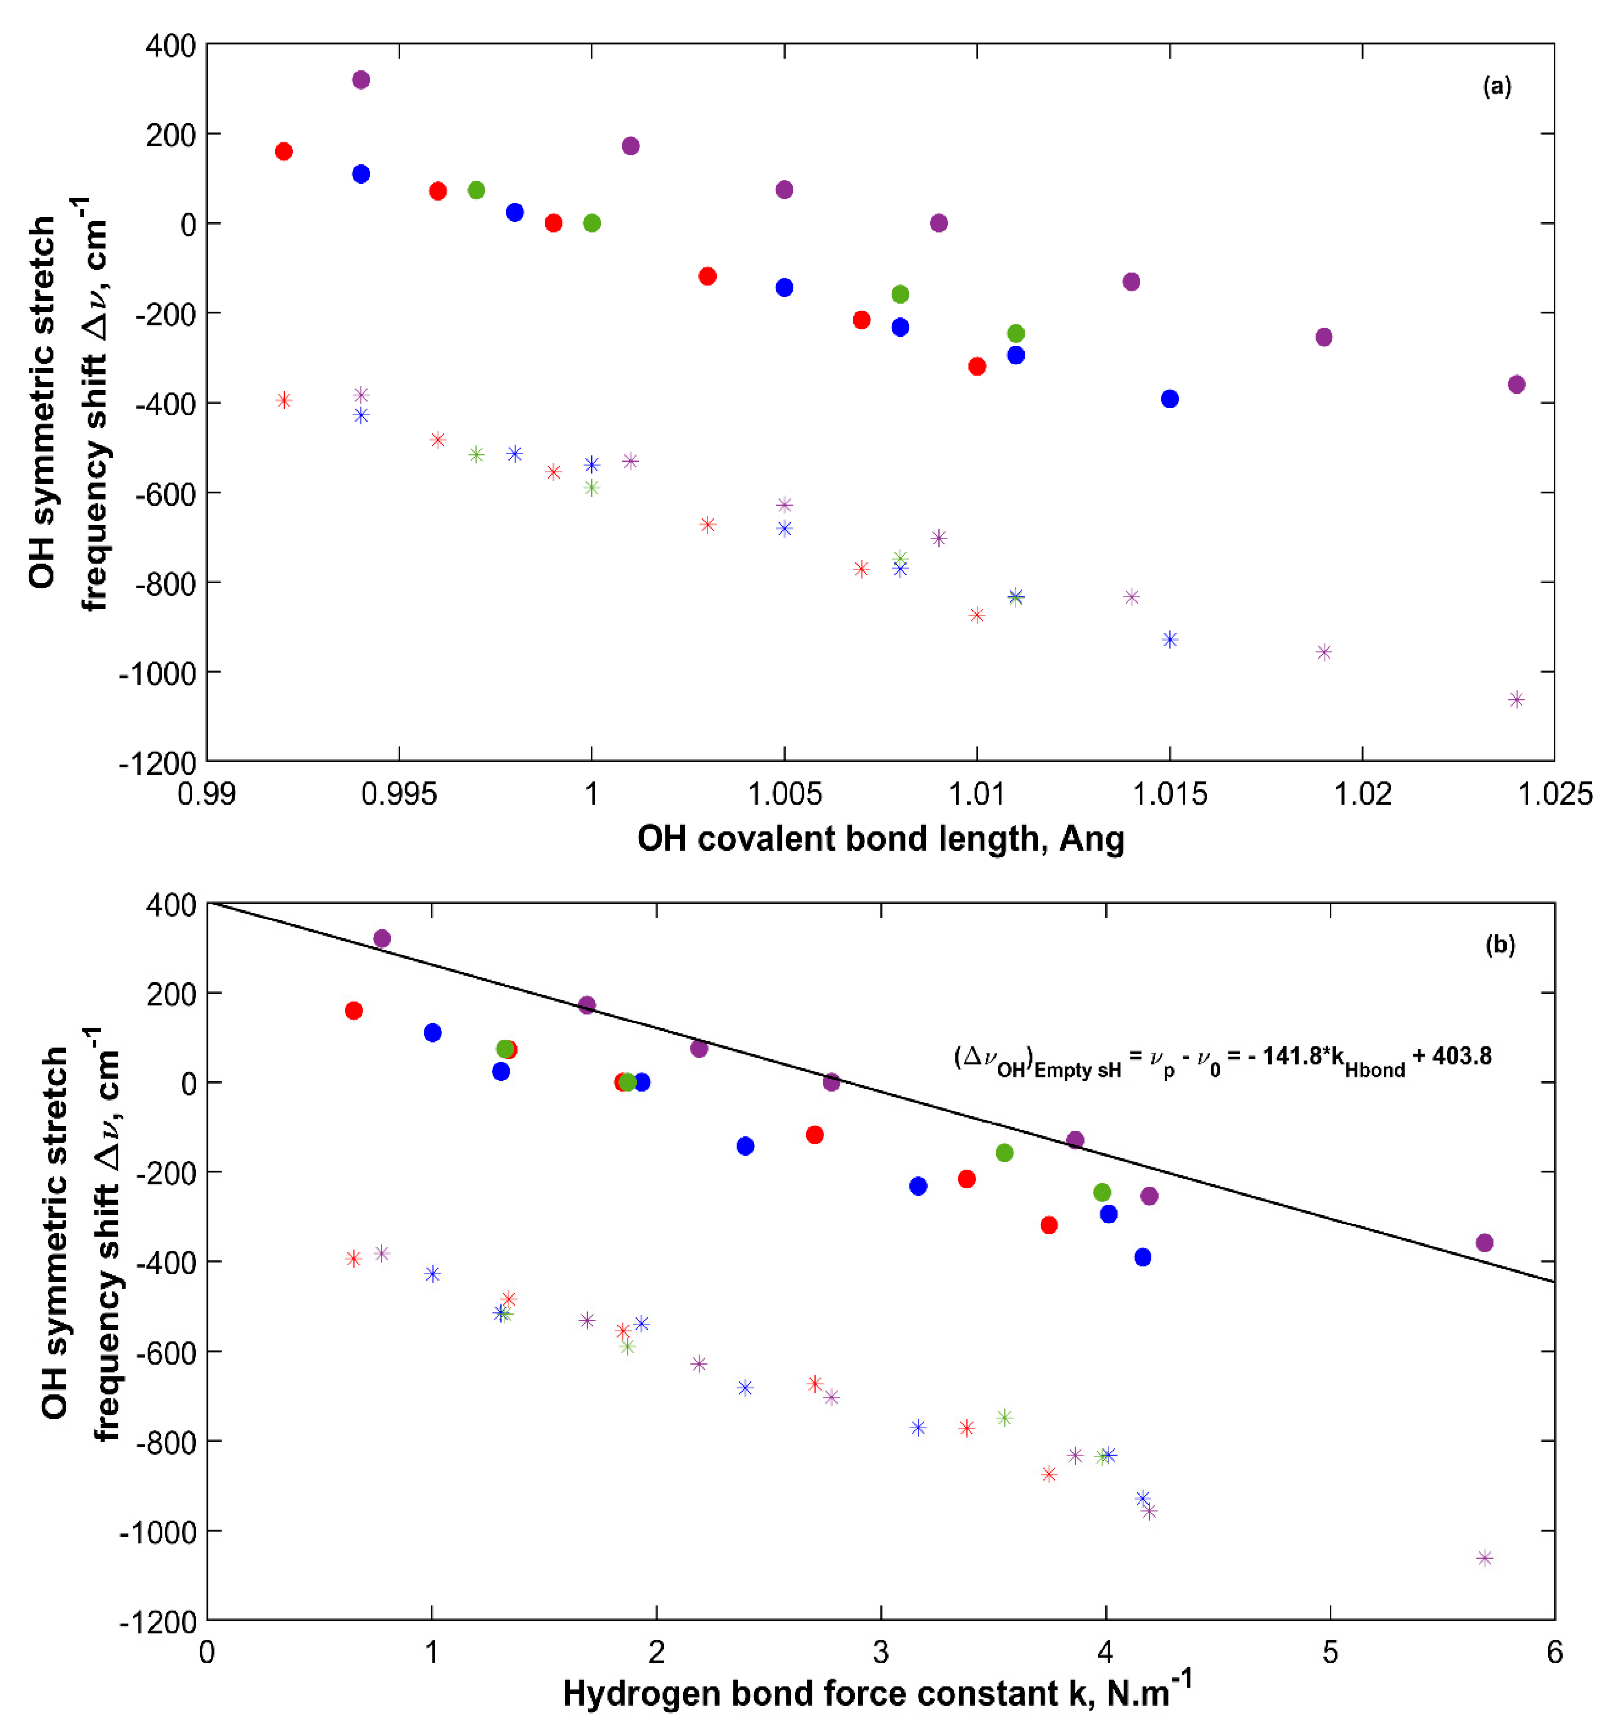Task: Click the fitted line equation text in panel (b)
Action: tap(1223, 1059)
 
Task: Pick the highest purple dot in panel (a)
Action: tap(360, 80)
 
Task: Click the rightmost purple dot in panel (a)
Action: tap(1517, 384)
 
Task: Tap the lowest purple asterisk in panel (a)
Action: tap(1517, 699)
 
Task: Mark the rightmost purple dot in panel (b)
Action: tap(1484, 1243)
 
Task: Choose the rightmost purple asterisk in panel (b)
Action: tap(1484, 1558)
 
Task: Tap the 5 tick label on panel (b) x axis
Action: tap(1330, 1652)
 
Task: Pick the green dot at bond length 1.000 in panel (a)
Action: tap(591, 223)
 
